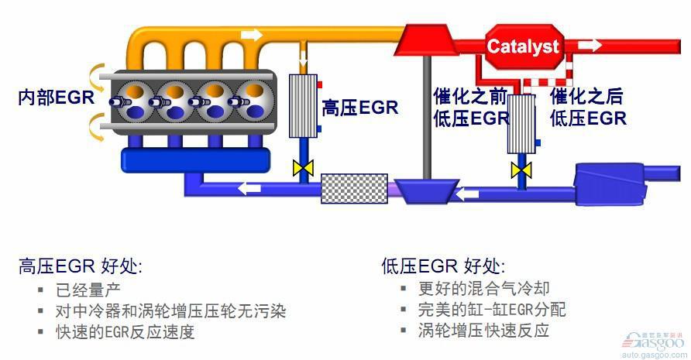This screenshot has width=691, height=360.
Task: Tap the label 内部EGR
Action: (x=56, y=98)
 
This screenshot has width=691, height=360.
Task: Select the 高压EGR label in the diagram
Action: (x=359, y=108)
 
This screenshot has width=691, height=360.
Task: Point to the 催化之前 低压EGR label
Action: (x=471, y=108)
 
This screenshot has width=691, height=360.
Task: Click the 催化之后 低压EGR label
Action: (x=587, y=108)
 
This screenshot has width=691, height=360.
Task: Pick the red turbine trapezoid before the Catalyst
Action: (x=425, y=39)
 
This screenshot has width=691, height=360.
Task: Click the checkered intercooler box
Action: (x=354, y=188)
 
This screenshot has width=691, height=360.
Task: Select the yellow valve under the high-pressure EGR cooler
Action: (x=302, y=168)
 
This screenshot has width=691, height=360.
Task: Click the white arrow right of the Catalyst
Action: (x=590, y=44)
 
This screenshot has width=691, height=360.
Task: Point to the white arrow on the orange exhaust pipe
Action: (x=253, y=35)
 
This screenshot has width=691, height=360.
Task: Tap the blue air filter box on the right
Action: (x=610, y=185)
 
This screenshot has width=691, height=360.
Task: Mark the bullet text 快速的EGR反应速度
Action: (x=125, y=332)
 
